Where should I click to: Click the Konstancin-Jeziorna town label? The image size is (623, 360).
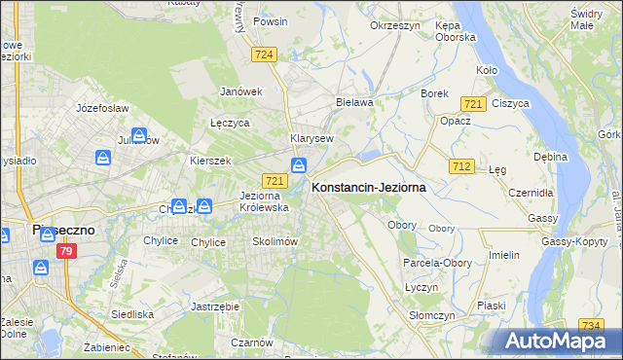coord(368,187)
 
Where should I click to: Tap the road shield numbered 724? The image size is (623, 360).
coord(263,54)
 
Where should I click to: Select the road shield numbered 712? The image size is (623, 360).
coord(461,166)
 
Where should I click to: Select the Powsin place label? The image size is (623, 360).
coord(270,20)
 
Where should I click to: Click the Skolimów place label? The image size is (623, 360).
coord(274,241)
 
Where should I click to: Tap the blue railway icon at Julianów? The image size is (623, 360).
coord(139,137)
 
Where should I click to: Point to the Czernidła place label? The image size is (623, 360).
coord(531,193)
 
